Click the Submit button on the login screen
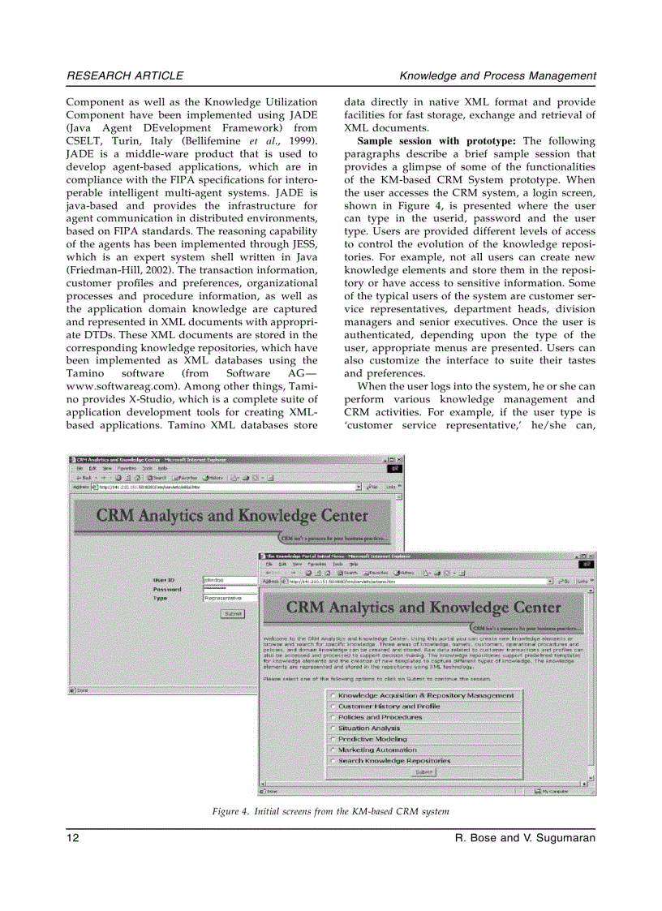click(232, 614)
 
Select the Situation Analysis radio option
click(333, 728)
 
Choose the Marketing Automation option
click(333, 750)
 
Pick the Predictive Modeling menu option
click(333, 739)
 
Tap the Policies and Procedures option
click(333, 717)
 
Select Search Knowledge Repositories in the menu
click(333, 761)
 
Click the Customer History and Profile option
click(333, 707)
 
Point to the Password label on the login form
click(167, 589)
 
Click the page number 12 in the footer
click(73, 837)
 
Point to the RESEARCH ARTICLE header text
click(125, 75)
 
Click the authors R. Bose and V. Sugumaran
click(527, 837)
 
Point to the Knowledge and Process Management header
click(497, 75)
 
